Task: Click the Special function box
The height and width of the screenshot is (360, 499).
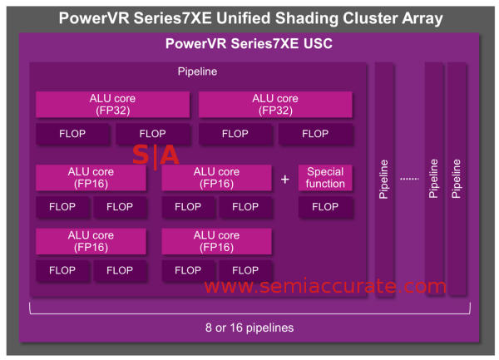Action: [324, 177]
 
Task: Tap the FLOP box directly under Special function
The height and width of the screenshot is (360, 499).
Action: [324, 206]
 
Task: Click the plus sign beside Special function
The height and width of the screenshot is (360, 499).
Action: [285, 179]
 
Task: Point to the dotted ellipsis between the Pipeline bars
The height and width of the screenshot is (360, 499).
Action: [409, 179]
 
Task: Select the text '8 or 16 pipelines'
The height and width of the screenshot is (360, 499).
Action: [249, 328]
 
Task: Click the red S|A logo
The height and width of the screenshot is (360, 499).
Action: [156, 155]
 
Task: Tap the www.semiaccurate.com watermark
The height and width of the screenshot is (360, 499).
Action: [325, 287]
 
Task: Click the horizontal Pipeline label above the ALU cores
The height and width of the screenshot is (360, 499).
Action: [197, 72]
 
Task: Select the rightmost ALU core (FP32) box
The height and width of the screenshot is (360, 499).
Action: [275, 104]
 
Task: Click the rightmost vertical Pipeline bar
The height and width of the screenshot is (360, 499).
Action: [456, 179]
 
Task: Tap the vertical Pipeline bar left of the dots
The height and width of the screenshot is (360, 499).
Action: [383, 179]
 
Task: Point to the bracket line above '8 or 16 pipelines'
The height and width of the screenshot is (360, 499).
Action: [249, 311]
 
